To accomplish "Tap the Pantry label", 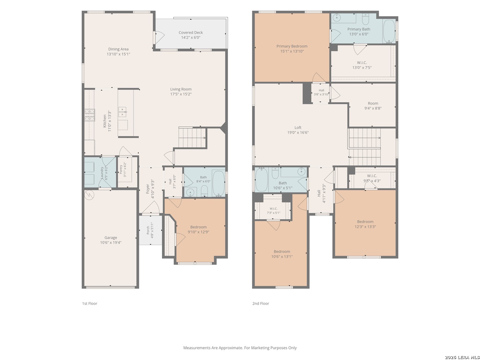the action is point(121,169).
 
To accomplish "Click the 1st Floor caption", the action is point(89,303).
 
